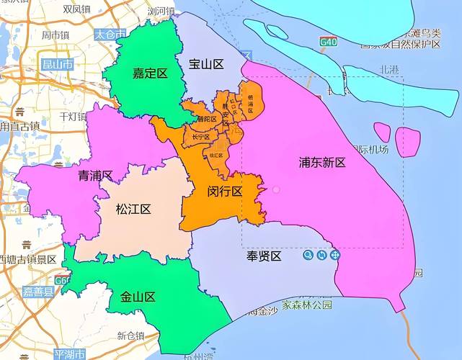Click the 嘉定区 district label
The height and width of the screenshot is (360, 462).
[x=150, y=73]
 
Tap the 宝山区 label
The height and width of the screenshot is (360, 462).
[x=206, y=64]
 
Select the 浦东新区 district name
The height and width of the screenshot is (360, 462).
[x=322, y=163]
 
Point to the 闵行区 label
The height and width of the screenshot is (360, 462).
[x=224, y=192]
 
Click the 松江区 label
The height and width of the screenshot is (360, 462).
[x=133, y=210]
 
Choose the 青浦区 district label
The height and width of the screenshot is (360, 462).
[x=95, y=175]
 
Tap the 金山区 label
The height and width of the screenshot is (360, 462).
[x=138, y=297]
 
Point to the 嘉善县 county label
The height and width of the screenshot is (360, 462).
[x=38, y=292]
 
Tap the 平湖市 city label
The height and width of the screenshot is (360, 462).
[x=69, y=354]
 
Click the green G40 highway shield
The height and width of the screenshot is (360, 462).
[x=329, y=42]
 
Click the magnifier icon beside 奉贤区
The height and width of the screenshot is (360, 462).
[x=308, y=256]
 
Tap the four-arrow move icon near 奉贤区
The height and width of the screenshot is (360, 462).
[x=334, y=256]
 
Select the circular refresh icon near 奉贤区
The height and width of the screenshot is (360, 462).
[x=321, y=256]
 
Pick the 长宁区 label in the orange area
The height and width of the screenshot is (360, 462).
[x=200, y=137]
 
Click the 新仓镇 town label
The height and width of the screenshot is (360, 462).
[x=130, y=336]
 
